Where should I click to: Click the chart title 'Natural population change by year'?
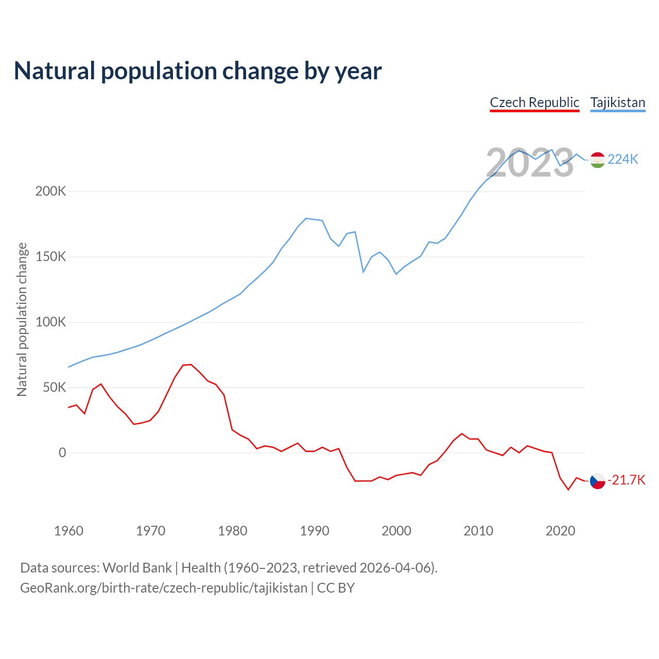pyautogui.click(x=198, y=71)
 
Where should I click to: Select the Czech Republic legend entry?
pyautogui.click(x=534, y=102)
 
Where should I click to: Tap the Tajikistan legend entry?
pyautogui.click(x=617, y=102)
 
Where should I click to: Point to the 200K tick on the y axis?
pyautogui.click(x=50, y=192)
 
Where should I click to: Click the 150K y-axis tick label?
pyautogui.click(x=50, y=257)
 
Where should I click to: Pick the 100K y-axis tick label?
pyautogui.click(x=50, y=322)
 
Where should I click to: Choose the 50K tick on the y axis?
pyautogui.click(x=54, y=388)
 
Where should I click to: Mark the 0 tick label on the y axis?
pyautogui.click(x=62, y=453)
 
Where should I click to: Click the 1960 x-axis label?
pyautogui.click(x=68, y=531)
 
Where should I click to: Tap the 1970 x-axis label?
pyautogui.click(x=150, y=531)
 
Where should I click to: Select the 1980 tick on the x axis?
pyautogui.click(x=232, y=531)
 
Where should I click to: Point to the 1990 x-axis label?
pyautogui.click(x=314, y=531)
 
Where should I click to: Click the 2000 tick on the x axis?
pyautogui.click(x=396, y=531)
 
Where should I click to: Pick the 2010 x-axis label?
pyautogui.click(x=478, y=531)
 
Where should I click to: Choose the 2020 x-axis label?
pyautogui.click(x=560, y=531)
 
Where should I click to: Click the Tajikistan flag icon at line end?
pyautogui.click(x=597, y=160)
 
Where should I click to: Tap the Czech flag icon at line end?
pyautogui.click(x=597, y=481)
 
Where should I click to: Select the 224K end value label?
pyautogui.click(x=622, y=160)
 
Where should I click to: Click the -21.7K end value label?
pyautogui.click(x=626, y=480)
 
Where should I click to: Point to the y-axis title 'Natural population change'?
pyautogui.click(x=22, y=320)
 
